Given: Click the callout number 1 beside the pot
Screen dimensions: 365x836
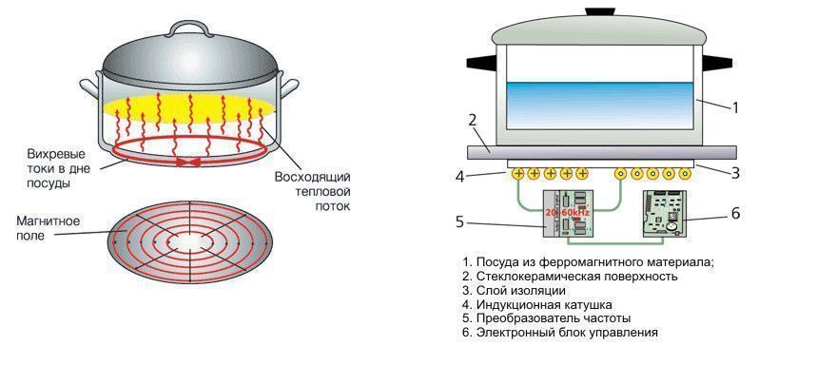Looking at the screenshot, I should (734, 107).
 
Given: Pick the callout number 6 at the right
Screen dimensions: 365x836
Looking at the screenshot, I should (734, 214).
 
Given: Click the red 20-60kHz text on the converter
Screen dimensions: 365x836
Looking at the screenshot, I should (567, 213).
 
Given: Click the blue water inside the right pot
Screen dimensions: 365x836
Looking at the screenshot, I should (599, 105).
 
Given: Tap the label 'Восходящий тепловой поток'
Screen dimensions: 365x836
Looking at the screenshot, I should (313, 191).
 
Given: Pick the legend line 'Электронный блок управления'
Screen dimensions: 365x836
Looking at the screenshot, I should (567, 333).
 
